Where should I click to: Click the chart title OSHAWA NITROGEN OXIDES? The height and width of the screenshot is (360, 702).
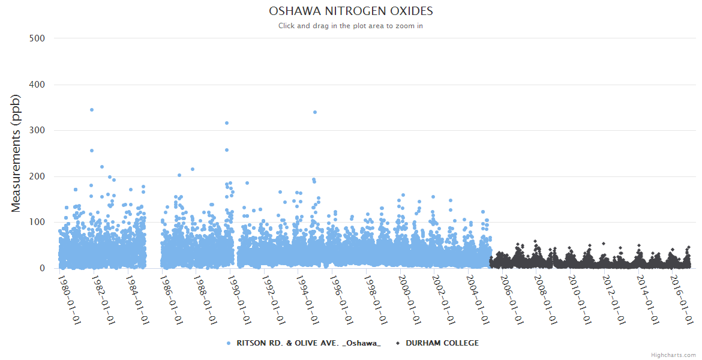point(350,11)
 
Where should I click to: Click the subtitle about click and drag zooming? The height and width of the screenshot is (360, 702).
point(350,26)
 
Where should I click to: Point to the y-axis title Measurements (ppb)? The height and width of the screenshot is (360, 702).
point(16,153)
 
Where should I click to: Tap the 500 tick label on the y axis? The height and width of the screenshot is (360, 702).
point(37,38)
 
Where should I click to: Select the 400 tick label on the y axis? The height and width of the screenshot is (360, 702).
point(37,85)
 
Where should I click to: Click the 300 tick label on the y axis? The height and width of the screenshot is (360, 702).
point(37,130)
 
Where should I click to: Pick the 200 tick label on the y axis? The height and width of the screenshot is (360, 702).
point(37,176)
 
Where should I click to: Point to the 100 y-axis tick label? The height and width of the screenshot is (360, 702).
point(37,223)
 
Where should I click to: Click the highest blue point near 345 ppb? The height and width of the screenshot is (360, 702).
point(92,110)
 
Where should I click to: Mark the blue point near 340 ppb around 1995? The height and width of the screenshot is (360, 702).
point(315,112)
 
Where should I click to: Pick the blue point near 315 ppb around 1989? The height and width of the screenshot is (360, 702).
point(227,123)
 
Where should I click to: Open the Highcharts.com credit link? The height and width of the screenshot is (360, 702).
point(673,355)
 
